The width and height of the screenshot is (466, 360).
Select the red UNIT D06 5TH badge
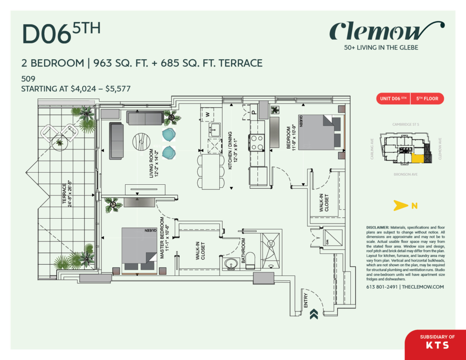pyautogui.click(x=393, y=98)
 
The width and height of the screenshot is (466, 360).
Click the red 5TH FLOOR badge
pyautogui.click(x=427, y=98)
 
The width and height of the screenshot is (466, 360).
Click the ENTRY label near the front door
pyautogui.click(x=306, y=300)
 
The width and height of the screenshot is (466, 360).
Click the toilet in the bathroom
pyautogui.click(x=251, y=260)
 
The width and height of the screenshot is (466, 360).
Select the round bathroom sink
pyautogui.click(x=230, y=263)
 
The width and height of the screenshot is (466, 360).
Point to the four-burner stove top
pyautogui.click(x=257, y=143)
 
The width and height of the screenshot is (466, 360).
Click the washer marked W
pyautogui.click(x=208, y=114)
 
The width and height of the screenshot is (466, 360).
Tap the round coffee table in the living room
pyautogui.click(x=141, y=142)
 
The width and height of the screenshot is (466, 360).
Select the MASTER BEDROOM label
pyautogui.click(x=164, y=238)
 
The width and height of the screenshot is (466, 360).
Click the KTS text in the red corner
pyautogui.click(x=437, y=345)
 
